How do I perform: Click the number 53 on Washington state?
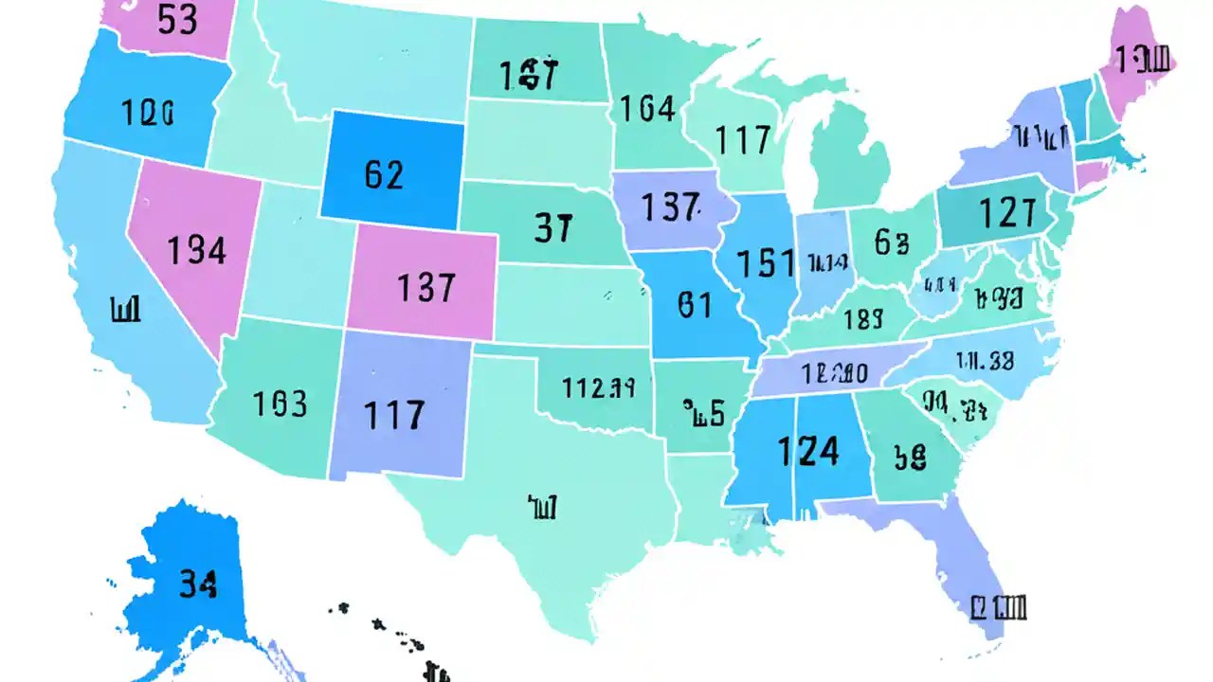coord(177,20)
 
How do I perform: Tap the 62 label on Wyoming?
coord(384,174)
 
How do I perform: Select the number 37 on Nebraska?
coord(553,228)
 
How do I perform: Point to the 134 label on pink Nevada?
coord(197,250)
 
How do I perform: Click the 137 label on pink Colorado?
coord(426,286)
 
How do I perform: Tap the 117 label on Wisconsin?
coord(743,141)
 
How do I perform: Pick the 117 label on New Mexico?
coord(394,415)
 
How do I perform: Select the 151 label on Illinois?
coord(766,263)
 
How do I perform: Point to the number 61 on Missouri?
coord(695,304)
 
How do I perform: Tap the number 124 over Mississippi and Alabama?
coord(807,452)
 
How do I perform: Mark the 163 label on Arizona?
coord(281,404)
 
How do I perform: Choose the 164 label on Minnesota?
coord(647,110)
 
